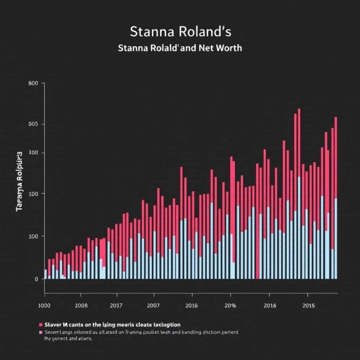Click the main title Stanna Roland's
coord(180,33)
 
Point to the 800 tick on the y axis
coord(33,83)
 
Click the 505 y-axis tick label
coord(33,124)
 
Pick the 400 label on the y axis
coord(33,153)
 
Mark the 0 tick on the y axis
coord(36,279)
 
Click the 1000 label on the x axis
coord(45,306)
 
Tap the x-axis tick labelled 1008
coord(81,306)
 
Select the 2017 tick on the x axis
coord(116,306)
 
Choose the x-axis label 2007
coord(153,306)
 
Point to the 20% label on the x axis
coord(230,306)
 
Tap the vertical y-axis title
coord(20,181)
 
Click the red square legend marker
coord(41,324)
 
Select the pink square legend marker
coord(41,332)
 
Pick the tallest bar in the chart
coord(299,194)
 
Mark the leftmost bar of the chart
coord(45,274)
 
